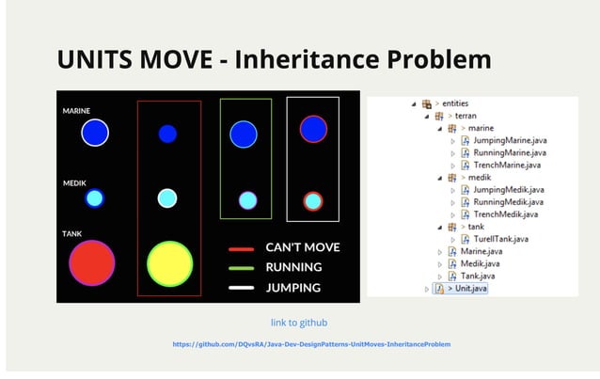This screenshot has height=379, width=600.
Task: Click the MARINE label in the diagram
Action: (x=76, y=111)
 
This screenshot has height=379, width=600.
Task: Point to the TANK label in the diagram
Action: (x=72, y=233)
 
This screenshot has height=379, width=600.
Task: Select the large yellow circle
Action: (x=170, y=264)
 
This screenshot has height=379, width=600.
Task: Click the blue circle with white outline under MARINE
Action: (x=94, y=133)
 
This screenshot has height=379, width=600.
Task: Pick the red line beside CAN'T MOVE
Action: (x=242, y=249)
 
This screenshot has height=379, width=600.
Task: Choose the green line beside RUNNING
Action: (x=242, y=268)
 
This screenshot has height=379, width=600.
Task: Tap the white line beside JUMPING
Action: (x=242, y=288)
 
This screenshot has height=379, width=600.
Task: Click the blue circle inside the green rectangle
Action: (x=244, y=134)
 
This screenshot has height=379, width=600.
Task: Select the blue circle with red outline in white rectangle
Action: (x=313, y=129)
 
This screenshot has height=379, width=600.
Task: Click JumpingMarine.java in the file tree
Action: (x=509, y=140)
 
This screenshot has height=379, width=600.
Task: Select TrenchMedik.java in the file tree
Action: (x=507, y=214)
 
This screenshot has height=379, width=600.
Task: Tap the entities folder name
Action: (x=455, y=103)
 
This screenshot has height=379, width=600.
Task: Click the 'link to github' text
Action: (x=299, y=323)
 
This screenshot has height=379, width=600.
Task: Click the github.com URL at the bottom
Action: (x=311, y=344)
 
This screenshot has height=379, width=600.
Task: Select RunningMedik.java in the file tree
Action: (x=508, y=201)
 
